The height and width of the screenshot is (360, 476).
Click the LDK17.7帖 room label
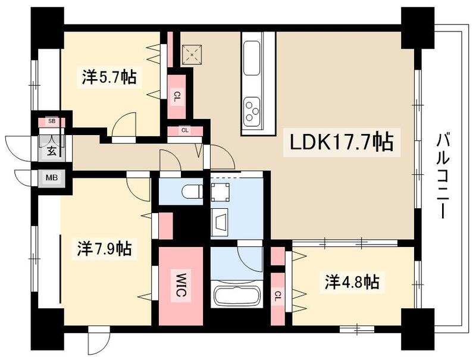pos(341,142)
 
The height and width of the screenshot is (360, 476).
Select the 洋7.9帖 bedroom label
pos(105,249)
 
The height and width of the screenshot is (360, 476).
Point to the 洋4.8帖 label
pos(352,281)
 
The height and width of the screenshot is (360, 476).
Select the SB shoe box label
pos(52,121)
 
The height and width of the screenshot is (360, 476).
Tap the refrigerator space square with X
pos(192,55)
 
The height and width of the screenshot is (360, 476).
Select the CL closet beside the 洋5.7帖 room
pos(176,96)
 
